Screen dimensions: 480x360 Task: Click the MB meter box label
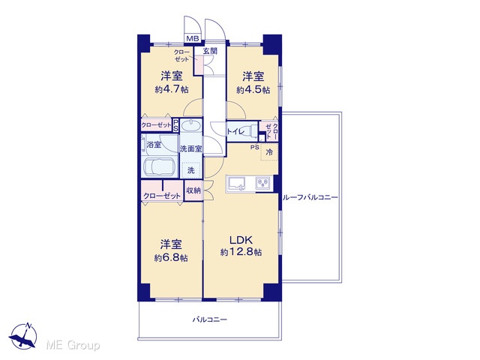(193, 38)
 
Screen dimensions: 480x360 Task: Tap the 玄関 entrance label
(210, 51)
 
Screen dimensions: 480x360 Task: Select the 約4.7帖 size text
(172, 89)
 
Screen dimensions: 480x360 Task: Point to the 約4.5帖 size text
(253, 90)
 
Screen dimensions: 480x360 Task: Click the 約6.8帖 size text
(171, 258)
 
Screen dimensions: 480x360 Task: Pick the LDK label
(241, 240)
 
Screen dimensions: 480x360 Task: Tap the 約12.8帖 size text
(241, 252)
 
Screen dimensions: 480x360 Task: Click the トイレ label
(235, 132)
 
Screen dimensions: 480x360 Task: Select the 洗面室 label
(190, 148)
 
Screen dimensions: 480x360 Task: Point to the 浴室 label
(154, 145)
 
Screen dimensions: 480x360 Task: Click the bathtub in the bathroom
(159, 167)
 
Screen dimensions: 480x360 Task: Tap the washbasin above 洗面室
(191, 126)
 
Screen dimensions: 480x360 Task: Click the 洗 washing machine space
(191, 170)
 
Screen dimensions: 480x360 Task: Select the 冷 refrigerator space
(269, 151)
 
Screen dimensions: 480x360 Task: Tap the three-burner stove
(263, 183)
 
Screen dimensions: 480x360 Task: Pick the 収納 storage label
(193, 190)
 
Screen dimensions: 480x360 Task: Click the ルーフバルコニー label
(310, 197)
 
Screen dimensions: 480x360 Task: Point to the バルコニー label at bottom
(210, 320)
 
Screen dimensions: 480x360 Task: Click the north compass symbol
(23, 335)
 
